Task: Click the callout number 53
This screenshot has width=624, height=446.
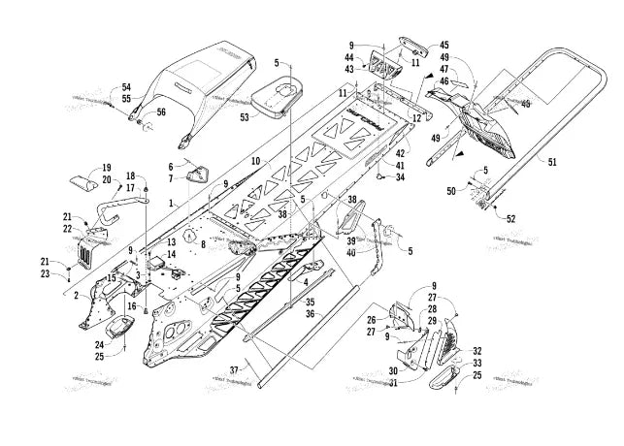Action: tap(246, 117)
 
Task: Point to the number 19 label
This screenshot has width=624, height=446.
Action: tap(107, 167)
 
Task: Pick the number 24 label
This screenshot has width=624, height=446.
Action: tap(100, 343)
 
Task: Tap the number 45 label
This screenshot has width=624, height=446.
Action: tap(444, 45)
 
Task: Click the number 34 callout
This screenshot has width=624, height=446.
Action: tap(400, 176)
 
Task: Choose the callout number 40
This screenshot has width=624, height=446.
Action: tap(350, 254)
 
